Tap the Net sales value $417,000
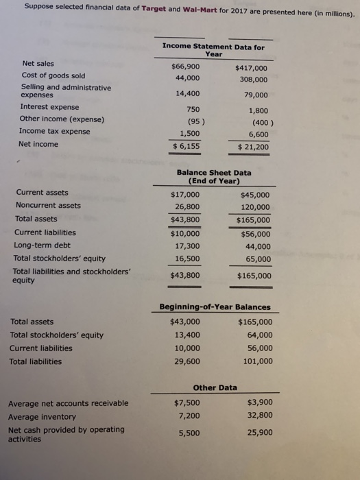point(251,69)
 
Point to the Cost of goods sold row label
point(53,75)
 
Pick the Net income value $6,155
point(186,146)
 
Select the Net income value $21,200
point(253,147)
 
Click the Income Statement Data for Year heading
point(213,49)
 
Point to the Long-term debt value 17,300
point(187,245)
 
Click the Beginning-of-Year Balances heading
point(215,307)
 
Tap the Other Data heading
point(215,387)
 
